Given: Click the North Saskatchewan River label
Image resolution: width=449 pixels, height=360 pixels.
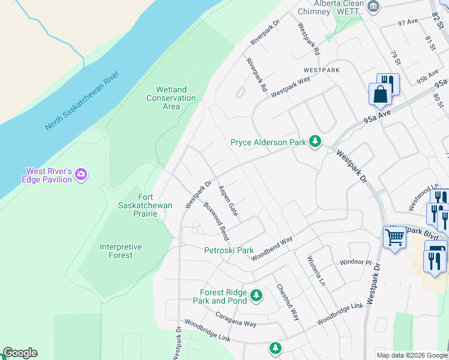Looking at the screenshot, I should pyautogui.click(x=82, y=101).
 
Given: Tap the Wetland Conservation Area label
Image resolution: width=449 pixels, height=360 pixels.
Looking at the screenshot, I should pyautogui.click(x=171, y=98).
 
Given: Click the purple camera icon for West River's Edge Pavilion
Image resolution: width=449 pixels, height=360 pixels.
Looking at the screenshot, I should pyautogui.click(x=80, y=175).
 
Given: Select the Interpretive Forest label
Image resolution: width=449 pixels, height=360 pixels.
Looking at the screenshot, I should pyautogui.click(x=121, y=251).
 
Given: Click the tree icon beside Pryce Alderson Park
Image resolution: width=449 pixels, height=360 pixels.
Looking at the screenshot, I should pyautogui.click(x=314, y=142).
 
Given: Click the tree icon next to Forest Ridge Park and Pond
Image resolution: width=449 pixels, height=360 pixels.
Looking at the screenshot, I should pyautogui.click(x=256, y=295).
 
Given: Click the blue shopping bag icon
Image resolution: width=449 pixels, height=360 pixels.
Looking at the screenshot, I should pyautogui.click(x=380, y=94).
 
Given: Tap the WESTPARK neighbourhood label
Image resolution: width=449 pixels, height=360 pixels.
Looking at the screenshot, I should pyautogui.click(x=321, y=70).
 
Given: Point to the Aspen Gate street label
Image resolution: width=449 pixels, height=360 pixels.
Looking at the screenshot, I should pyautogui.click(x=228, y=200).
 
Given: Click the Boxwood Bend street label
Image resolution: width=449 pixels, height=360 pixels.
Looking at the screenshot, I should pyautogui.click(x=216, y=221).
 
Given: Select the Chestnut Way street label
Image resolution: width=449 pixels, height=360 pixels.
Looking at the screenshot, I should pyautogui.click(x=288, y=302).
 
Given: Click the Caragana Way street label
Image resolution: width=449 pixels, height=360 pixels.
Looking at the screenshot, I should pyautogui.click(x=236, y=319).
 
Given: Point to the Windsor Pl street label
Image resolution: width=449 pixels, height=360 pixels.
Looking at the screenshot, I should pyautogui.click(x=356, y=262).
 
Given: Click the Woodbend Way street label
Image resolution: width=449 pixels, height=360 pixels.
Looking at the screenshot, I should pyautogui.click(x=272, y=248).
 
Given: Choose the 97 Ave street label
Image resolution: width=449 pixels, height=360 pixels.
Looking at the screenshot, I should pyautogui.click(x=407, y=22).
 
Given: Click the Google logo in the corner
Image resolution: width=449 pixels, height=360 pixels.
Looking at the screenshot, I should pyautogui.click(x=20, y=353).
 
